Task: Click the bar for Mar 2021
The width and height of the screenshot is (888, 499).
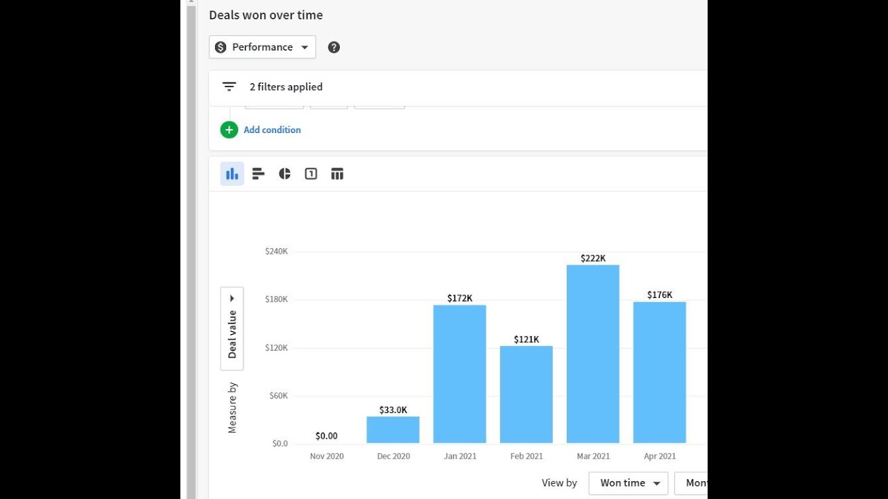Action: pyautogui.click(x=592, y=353)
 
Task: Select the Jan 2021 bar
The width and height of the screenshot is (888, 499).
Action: pyautogui.click(x=459, y=374)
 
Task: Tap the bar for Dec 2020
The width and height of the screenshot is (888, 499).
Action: pyautogui.click(x=393, y=430)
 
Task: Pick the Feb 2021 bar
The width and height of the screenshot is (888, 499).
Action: pyautogui.click(x=526, y=394)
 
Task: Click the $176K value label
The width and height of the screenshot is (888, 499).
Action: pyautogui.click(x=659, y=295)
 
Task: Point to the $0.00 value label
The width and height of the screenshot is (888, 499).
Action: pyautogui.click(x=326, y=436)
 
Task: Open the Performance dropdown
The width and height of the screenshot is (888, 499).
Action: pyautogui.click(x=262, y=47)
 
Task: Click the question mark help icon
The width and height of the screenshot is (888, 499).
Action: pyautogui.click(x=334, y=47)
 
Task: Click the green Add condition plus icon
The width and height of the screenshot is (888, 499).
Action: pyautogui.click(x=229, y=130)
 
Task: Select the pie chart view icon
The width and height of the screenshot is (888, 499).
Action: pyautogui.click(x=284, y=174)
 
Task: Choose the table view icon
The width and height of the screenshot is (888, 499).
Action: pyautogui.click(x=337, y=174)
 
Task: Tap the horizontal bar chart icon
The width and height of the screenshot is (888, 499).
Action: pyautogui.click(x=258, y=174)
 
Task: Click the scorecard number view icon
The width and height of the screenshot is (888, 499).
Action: pyautogui.click(x=311, y=174)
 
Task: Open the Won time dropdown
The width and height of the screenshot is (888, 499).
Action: pyautogui.click(x=628, y=483)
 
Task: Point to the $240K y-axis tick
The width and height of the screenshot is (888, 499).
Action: pyautogui.click(x=276, y=251)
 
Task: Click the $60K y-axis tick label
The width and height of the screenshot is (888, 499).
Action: pyautogui.click(x=277, y=396)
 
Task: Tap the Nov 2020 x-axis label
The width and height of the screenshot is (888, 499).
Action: pyautogui.click(x=326, y=456)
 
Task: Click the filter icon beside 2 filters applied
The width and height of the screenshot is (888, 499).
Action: pyautogui.click(x=229, y=87)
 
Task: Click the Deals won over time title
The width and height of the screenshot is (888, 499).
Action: pyautogui.click(x=266, y=15)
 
